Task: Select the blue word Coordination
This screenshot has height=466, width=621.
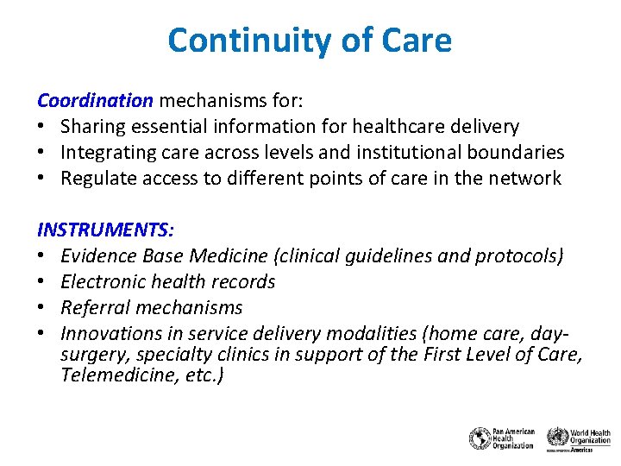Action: click(x=95, y=100)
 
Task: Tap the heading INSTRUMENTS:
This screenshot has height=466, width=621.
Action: click(x=106, y=230)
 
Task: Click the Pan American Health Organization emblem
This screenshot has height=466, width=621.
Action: click(x=480, y=438)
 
